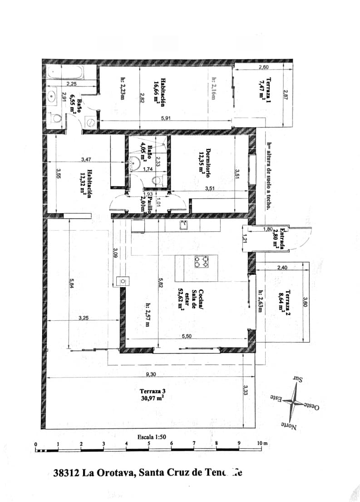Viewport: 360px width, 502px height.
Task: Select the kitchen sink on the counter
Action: point(184,224)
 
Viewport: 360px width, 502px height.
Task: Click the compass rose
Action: point(296,401)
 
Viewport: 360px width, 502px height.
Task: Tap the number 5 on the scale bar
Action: point(149,444)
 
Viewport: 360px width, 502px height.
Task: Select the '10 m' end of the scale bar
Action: point(262,444)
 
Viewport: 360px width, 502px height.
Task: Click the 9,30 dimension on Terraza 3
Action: point(151,374)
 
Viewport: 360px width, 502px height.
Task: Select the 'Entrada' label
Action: point(282,238)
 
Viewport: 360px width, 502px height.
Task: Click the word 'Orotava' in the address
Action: point(115,472)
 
